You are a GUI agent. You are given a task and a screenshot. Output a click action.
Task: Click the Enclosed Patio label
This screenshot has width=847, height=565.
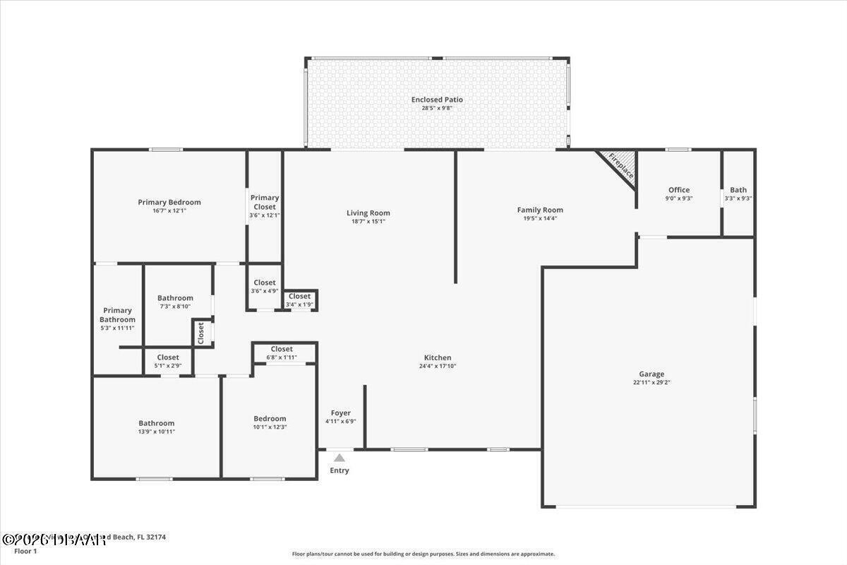coord(437,100)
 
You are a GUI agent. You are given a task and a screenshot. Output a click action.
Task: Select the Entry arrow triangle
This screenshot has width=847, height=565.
coord(340,458)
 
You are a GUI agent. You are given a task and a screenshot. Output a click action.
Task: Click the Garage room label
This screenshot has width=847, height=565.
coord(651,374)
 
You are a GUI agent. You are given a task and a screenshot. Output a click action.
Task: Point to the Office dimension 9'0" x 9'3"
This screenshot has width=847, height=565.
coord(679,199)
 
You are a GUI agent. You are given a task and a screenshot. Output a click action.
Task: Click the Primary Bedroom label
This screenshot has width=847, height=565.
coord(169,202)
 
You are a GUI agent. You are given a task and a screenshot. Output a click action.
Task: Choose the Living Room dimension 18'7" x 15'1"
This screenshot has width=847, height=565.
coord(368,221)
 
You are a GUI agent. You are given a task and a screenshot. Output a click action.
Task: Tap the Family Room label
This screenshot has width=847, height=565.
coord(540,210)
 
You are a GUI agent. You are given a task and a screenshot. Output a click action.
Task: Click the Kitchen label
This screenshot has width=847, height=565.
coord(438,357)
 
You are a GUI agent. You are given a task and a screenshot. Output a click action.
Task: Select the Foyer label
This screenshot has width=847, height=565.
coord(341,413)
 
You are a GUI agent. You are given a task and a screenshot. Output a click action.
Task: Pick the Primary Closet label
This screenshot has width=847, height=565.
coord(265,202)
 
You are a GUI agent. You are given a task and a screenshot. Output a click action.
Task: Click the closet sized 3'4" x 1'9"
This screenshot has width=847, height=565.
coord(299,300)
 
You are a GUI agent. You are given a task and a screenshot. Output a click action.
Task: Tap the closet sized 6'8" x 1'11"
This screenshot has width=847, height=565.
coord(282,353)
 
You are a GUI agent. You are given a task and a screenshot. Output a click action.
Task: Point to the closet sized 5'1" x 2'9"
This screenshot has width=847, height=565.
coord(168,362)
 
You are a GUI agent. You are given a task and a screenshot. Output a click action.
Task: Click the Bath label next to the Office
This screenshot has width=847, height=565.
coord(738,190)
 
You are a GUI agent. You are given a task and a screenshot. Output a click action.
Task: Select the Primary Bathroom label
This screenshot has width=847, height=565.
coord(117,315)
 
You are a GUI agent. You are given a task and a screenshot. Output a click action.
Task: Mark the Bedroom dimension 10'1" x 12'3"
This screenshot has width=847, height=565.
coord(270,427)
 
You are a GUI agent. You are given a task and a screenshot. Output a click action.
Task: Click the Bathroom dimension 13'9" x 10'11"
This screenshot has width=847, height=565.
coord(156,432)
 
